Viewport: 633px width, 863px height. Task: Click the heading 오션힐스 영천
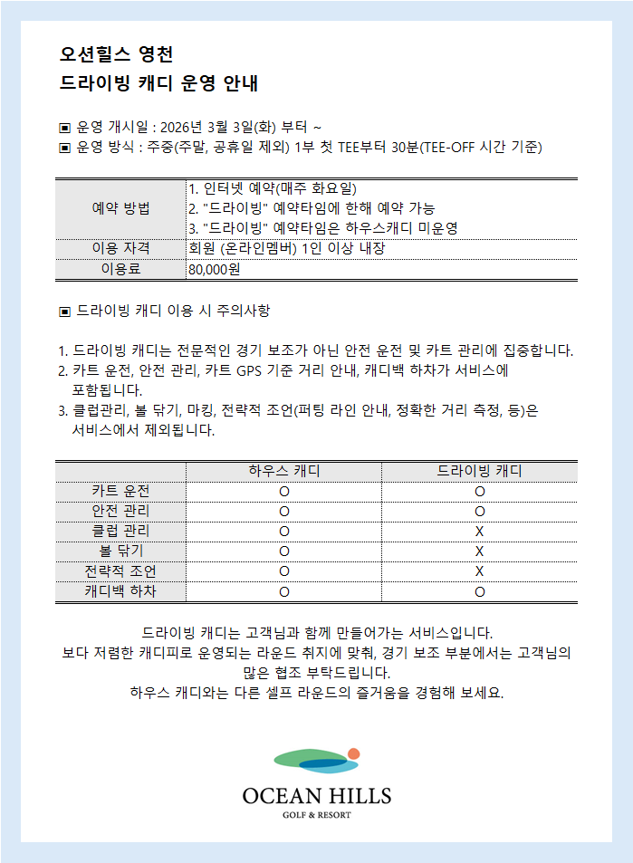(115, 54)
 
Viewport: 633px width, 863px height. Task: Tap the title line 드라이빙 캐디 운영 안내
(158, 84)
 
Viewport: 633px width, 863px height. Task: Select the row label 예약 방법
(120, 208)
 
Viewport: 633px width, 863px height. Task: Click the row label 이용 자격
(120, 248)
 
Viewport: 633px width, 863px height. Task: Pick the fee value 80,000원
(214, 269)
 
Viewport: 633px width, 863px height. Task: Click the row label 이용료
(120, 269)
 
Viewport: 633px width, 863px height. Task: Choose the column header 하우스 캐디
(283, 472)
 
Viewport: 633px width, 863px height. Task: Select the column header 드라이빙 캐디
(479, 472)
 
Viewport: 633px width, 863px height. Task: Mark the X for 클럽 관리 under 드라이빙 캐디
(479, 532)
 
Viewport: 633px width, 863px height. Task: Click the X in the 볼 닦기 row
(479, 551)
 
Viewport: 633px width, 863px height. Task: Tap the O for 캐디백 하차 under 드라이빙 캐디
(479, 592)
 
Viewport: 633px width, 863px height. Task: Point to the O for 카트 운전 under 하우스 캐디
(283, 492)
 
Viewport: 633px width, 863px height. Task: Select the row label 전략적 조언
(120, 571)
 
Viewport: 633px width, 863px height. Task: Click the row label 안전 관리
(120, 512)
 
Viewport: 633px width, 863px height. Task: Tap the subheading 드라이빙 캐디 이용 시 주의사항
(172, 312)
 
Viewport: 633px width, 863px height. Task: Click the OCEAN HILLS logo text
(316, 797)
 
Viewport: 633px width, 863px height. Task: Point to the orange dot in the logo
(353, 753)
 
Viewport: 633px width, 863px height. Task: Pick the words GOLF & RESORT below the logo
(317, 815)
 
